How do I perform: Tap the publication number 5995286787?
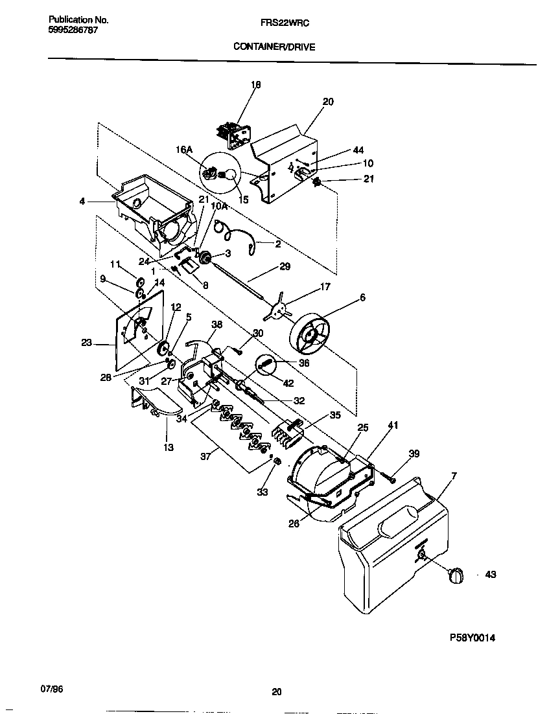73,30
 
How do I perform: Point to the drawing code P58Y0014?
472,637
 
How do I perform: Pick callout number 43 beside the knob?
490,575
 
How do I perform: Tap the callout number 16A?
184,150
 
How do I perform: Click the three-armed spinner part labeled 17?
279,307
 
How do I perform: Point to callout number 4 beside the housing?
82,201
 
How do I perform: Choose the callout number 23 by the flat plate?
87,344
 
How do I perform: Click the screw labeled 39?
391,479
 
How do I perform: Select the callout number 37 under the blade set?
207,456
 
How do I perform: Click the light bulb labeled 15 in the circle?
228,174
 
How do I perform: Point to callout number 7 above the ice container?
454,476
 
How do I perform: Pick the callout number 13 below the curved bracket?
169,447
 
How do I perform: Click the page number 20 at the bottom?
277,691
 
